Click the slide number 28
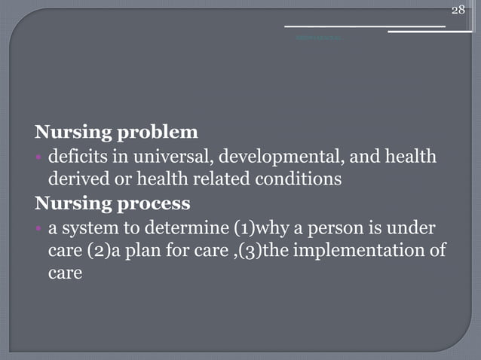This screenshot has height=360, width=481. [458, 9]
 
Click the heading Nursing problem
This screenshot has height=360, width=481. [116, 133]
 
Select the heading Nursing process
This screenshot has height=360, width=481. [112, 203]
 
